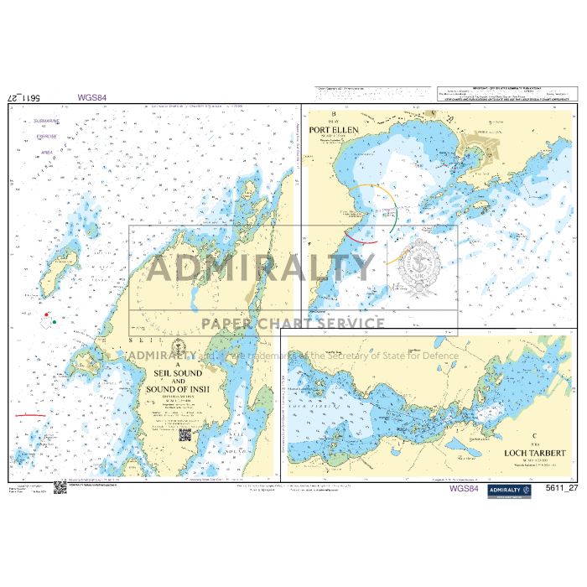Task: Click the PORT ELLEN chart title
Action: coord(334,130)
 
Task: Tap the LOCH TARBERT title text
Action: coord(536,453)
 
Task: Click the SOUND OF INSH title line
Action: coord(178,389)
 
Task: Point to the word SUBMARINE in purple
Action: coord(46,121)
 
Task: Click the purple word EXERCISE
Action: coord(46,136)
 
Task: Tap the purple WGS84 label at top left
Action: coord(91,97)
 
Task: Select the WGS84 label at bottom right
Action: coord(464,489)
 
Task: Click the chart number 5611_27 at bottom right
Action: coord(561,489)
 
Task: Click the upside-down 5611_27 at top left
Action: coord(25,97)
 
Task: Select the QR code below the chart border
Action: coord(60,488)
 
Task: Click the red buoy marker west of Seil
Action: coord(45,314)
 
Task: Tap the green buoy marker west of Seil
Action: coord(54,319)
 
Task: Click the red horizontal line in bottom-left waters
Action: coord(30,415)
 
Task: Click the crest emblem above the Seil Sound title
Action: coord(177,349)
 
